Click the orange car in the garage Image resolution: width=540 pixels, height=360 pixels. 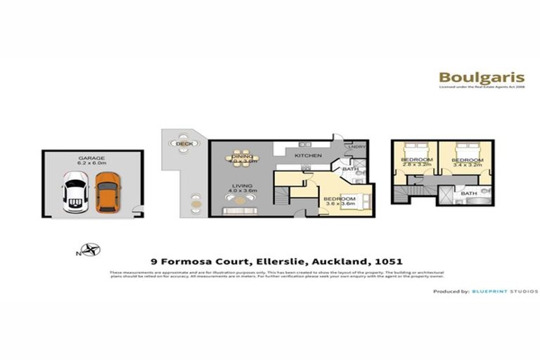[107, 192]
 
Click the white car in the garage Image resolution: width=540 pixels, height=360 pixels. [75, 195]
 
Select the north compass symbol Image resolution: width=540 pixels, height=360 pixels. [89, 247]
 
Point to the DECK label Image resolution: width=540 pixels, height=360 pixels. [184, 143]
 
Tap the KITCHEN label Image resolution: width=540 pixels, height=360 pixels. [308, 155]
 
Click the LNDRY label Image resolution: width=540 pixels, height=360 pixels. [354, 146]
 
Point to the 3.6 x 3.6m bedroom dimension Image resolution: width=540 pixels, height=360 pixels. [340, 205]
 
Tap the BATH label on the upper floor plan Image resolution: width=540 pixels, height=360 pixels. [469, 193]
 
